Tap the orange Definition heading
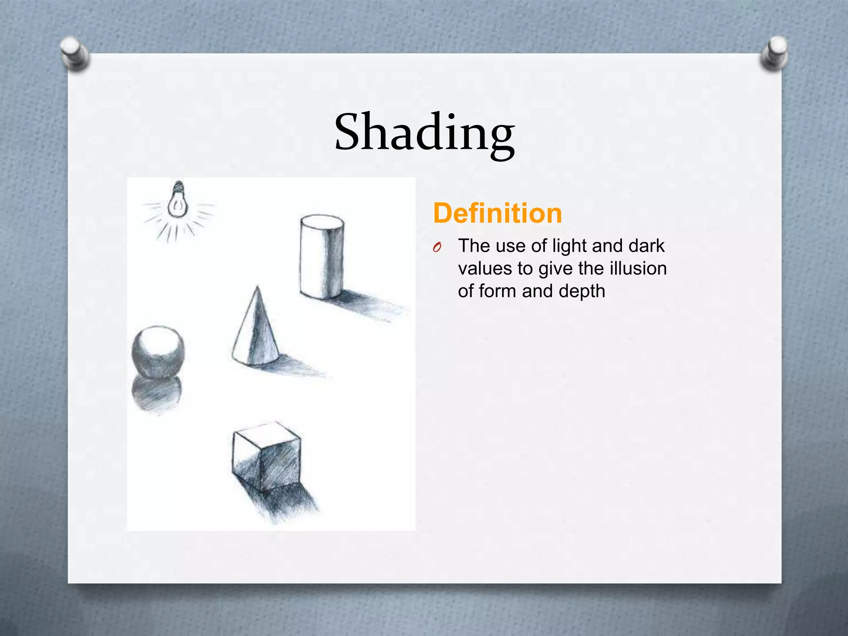[x=497, y=213]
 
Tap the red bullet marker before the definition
[x=436, y=248]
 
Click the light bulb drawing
[x=178, y=201]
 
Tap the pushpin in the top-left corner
[x=74, y=53]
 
